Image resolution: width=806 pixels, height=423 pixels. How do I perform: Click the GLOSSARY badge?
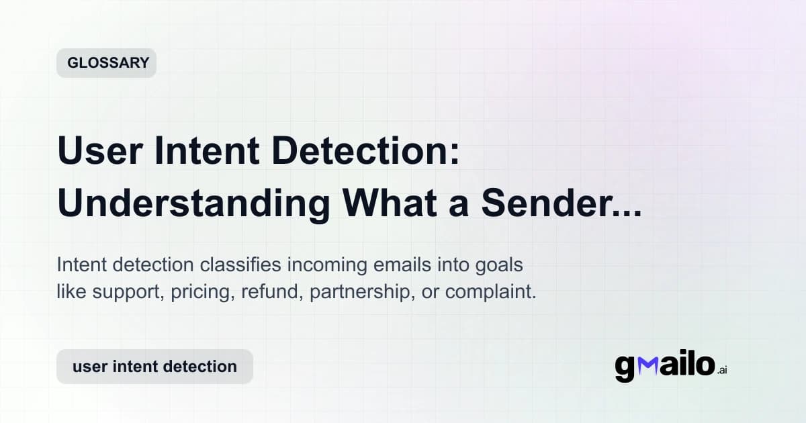106,63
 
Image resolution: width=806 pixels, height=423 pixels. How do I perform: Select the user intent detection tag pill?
154,367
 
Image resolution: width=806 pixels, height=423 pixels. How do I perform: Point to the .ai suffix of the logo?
722,370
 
